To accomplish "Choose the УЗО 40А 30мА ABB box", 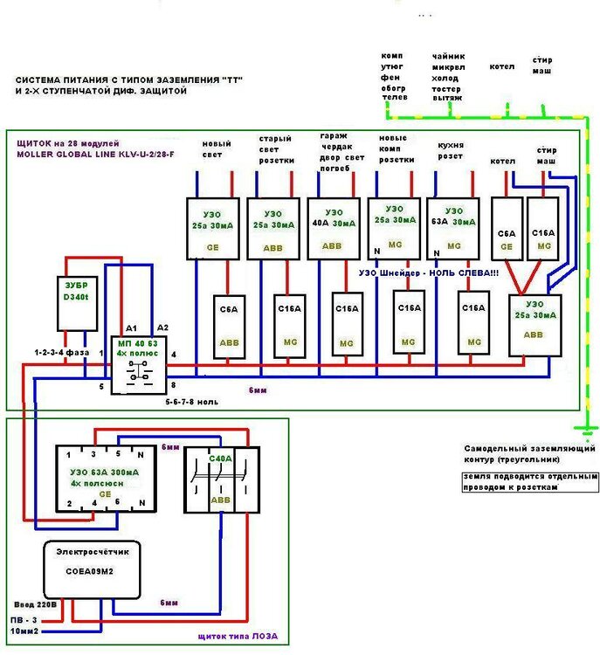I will pos(333,228).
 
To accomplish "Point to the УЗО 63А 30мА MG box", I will pos(453,228).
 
